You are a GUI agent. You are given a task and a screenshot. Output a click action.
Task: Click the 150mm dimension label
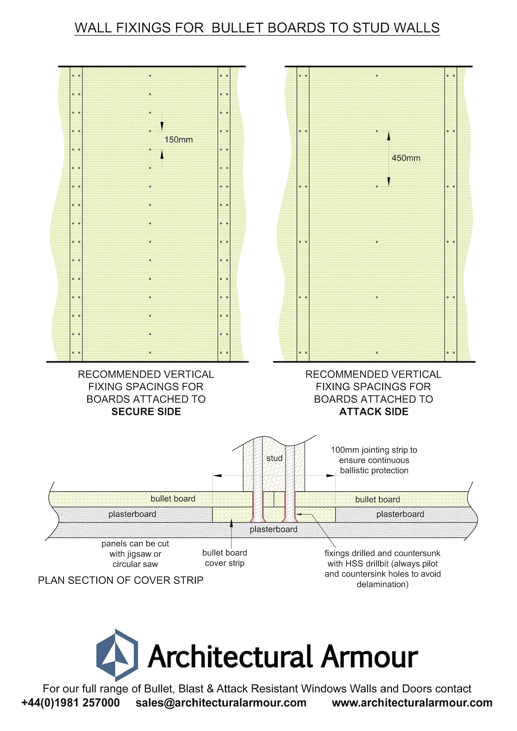click(x=178, y=139)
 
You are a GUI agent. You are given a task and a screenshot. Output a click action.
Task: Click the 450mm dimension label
click(x=406, y=158)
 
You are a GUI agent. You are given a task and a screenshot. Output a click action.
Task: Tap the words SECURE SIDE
click(x=146, y=412)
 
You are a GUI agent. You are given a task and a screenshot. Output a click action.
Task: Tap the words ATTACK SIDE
click(x=374, y=412)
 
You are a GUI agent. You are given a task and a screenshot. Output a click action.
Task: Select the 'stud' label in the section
click(x=274, y=458)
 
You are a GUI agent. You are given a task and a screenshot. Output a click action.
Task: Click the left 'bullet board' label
click(x=173, y=498)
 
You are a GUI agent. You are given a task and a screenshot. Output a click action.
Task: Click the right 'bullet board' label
click(x=378, y=499)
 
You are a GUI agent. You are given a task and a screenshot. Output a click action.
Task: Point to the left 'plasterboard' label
click(x=132, y=514)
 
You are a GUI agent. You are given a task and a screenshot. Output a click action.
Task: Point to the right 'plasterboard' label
click(x=400, y=514)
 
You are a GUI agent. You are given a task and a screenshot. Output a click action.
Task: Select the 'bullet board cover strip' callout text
click(x=225, y=558)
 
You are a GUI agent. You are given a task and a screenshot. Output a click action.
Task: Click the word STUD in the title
click(x=371, y=28)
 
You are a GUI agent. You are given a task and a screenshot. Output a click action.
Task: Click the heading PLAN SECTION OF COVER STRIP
click(x=120, y=580)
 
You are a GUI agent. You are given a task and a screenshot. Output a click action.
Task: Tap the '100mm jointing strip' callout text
click(x=374, y=460)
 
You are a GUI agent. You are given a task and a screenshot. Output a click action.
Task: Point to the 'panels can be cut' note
click(x=135, y=554)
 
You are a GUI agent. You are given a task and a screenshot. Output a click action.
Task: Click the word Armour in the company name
click(x=369, y=657)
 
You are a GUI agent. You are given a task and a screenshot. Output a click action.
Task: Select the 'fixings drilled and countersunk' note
click(x=383, y=568)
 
